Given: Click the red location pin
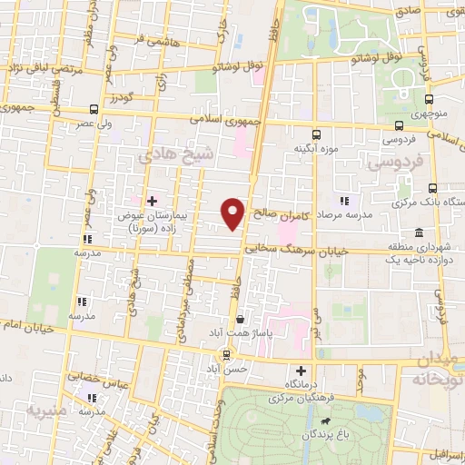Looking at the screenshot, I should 233,213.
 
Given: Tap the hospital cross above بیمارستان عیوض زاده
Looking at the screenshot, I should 152,200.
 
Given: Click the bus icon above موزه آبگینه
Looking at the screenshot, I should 316,133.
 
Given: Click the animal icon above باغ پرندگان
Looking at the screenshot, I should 324,420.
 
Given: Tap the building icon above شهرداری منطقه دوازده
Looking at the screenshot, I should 418,232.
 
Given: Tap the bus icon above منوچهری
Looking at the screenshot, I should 429,102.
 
